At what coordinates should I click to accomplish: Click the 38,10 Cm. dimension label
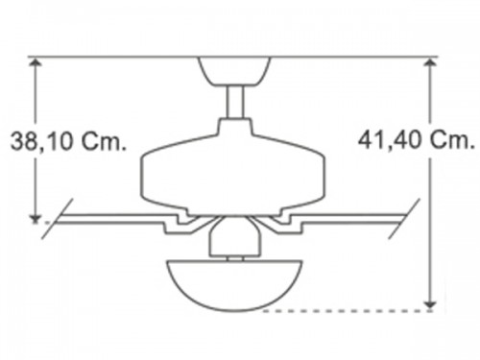click(x=68, y=141)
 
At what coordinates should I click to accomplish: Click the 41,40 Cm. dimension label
click(x=416, y=139)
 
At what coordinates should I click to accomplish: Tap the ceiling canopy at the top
click(x=234, y=71)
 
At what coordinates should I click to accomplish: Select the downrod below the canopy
click(x=235, y=103)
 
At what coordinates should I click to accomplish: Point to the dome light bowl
click(x=234, y=285)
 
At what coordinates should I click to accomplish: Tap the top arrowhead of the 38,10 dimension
click(x=36, y=62)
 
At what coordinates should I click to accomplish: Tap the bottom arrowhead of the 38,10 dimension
click(x=36, y=219)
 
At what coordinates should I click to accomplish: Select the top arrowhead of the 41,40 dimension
click(x=430, y=62)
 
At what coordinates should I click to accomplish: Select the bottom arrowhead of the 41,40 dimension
click(x=430, y=305)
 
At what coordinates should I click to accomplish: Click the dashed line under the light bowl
click(x=348, y=311)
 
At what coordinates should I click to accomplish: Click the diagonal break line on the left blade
click(x=58, y=219)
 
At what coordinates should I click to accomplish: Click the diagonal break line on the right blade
click(x=404, y=219)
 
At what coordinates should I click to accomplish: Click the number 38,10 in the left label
click(x=41, y=141)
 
